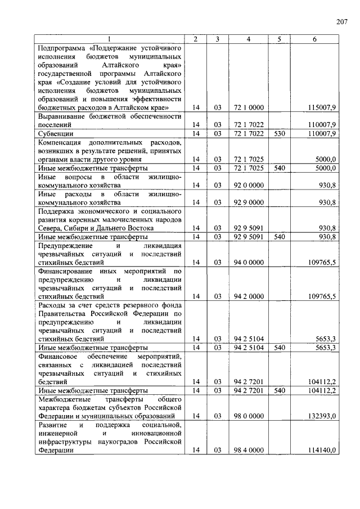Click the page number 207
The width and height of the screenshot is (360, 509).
(343, 22)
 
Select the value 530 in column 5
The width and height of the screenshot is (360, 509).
(279, 134)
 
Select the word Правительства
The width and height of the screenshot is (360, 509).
(63, 313)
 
